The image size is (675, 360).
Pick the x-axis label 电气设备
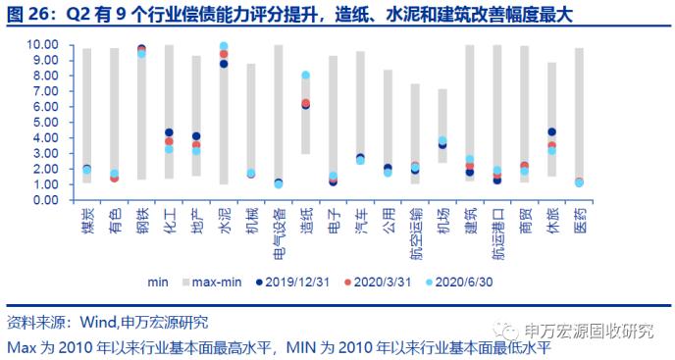(x=279, y=231)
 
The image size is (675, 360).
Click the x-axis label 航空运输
(x=416, y=231)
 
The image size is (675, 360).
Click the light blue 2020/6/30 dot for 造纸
(x=306, y=76)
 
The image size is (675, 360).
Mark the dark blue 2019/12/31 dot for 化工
(x=169, y=132)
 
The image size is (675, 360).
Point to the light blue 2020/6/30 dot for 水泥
(x=224, y=46)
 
